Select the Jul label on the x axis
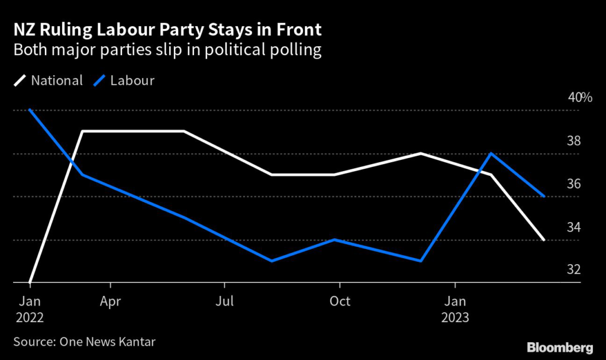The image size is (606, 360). [224, 301]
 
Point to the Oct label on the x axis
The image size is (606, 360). [340, 301]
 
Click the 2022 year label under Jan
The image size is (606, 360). [30, 318]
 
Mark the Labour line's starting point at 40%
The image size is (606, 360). [30, 110]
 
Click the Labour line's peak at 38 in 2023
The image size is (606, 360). [491, 153]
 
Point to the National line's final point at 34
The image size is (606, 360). [544, 240]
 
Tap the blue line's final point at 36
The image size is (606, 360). [544, 196]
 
